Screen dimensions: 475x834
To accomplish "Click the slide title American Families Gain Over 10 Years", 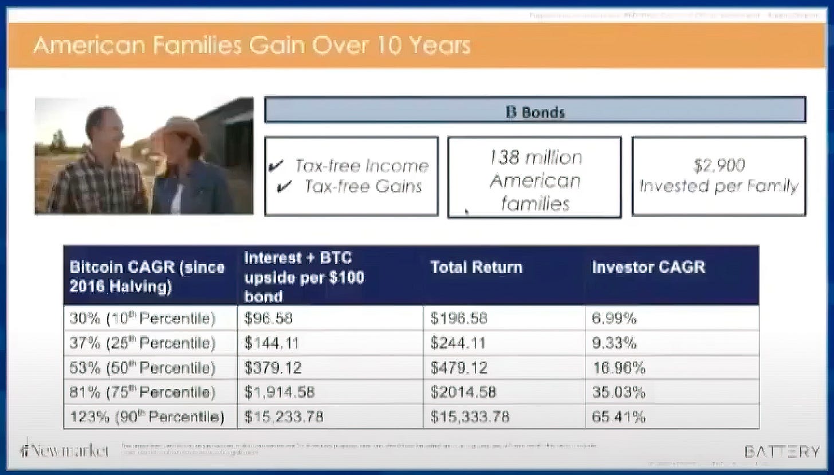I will pyautogui.click(x=251, y=45).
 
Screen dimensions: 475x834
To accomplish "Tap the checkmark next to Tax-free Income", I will pyautogui.click(x=275, y=167).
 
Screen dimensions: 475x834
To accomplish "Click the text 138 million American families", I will pyautogui.click(x=534, y=180).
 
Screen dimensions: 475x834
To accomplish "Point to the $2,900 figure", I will pyautogui.click(x=719, y=166).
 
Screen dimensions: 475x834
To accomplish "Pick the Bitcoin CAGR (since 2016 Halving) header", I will pyautogui.click(x=147, y=276).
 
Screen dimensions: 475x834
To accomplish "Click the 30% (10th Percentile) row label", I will pyautogui.click(x=143, y=319).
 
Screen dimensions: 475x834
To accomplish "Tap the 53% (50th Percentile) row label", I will pyautogui.click(x=143, y=368).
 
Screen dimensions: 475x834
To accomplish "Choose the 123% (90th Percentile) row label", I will pyautogui.click(x=147, y=417).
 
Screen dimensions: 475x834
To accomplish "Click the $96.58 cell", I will pyautogui.click(x=269, y=319).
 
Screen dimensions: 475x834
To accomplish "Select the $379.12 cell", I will pyautogui.click(x=273, y=368).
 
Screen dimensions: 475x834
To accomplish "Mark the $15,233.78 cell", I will pyautogui.click(x=284, y=417).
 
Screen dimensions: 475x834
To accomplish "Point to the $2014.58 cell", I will pyautogui.click(x=463, y=392).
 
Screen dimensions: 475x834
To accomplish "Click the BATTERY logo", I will pyautogui.click(x=782, y=451).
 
